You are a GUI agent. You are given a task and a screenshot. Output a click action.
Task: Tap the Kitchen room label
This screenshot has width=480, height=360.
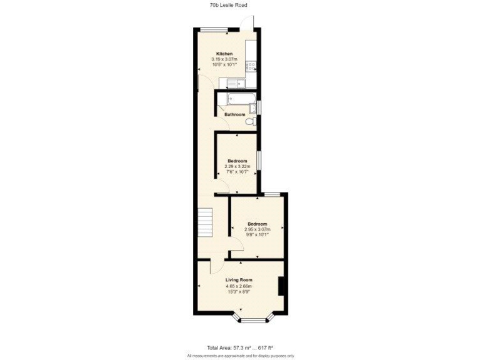[224, 54]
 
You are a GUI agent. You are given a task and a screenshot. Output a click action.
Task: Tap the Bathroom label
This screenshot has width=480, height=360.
[235, 114]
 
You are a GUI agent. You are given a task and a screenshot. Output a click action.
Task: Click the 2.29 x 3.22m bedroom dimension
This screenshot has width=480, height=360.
[237, 167]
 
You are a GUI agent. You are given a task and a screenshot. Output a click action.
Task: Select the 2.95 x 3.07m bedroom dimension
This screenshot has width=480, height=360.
[257, 229]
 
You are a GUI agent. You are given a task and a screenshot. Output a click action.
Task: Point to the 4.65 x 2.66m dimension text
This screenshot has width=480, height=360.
[238, 286]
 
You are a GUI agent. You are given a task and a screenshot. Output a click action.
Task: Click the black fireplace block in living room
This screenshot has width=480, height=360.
[282, 286]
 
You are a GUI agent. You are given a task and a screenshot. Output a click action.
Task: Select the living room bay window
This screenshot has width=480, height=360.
[254, 320]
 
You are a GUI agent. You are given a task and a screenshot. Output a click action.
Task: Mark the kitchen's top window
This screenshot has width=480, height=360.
[214, 29]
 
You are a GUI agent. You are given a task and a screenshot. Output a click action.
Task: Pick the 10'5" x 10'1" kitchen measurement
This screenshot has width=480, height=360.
[224, 64]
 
